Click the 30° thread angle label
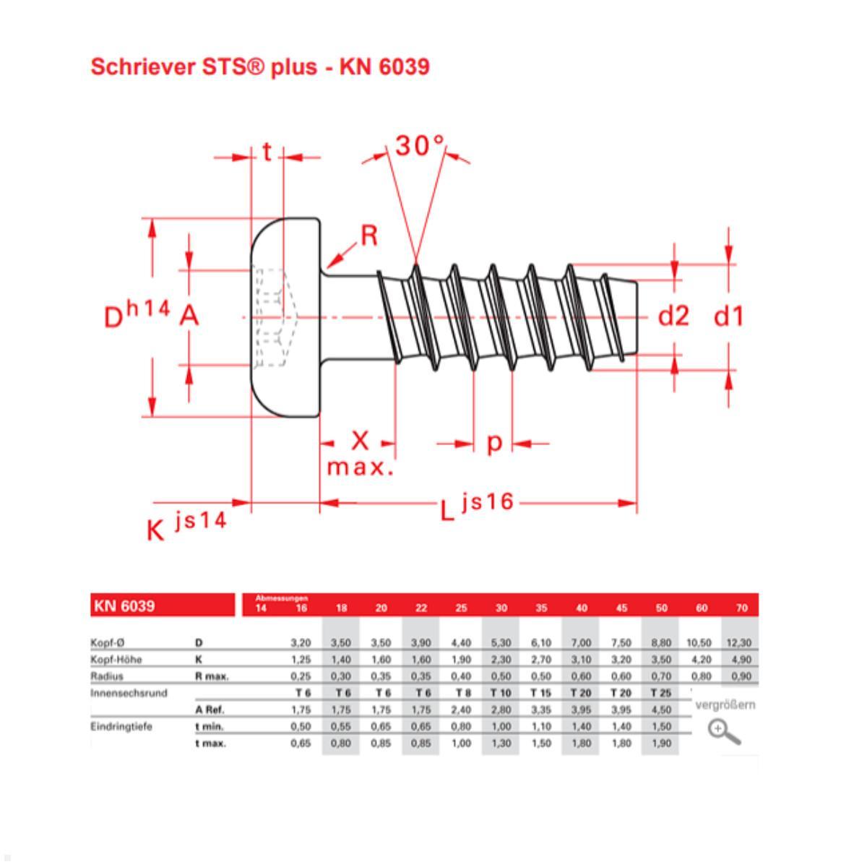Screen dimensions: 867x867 coord(419,146)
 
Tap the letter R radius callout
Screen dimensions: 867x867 coord(368,236)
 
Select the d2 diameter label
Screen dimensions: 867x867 coord(673,316)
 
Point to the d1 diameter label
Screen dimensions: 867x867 coord(728,316)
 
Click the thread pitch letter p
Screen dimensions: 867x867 coord(493,442)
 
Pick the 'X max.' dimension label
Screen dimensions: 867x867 coord(360,453)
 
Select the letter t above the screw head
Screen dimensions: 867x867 coord(267,152)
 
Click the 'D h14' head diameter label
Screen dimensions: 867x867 coord(137,314)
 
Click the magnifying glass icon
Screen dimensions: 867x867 coord(724,732)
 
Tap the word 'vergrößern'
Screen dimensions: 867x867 coord(724,705)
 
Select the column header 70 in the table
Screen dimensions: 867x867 coord(741,608)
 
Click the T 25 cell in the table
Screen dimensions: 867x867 coord(660,693)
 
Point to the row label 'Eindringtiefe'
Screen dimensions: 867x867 coord(121,727)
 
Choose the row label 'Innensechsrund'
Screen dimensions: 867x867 coord(129,693)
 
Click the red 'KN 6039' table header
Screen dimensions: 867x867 coord(124,606)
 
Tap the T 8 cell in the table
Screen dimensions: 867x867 coord(461,693)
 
